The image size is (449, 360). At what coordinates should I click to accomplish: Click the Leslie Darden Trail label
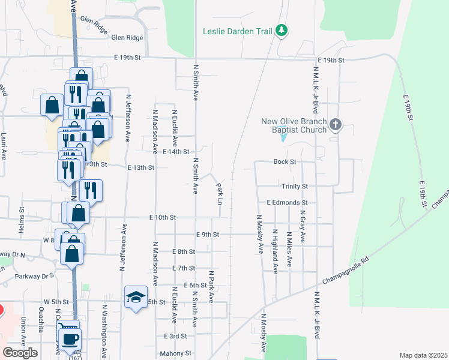click(238, 31)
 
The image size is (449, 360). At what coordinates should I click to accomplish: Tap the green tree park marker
click(281, 30)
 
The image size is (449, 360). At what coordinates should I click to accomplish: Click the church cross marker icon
click(335, 125)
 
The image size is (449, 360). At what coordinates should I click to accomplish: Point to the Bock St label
click(285, 162)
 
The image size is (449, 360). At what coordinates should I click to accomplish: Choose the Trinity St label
click(294, 187)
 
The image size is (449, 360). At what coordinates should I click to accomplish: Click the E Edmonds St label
click(287, 203)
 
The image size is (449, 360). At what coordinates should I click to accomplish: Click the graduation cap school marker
click(136, 296)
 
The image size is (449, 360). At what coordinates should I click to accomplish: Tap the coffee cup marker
click(70, 339)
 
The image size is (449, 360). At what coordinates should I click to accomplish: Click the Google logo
click(20, 353)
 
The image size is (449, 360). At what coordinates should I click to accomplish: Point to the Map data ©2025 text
click(423, 355)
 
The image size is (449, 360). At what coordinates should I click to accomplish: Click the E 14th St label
click(176, 152)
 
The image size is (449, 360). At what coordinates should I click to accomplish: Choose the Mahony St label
click(175, 353)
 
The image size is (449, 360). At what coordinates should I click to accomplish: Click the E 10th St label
click(162, 217)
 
